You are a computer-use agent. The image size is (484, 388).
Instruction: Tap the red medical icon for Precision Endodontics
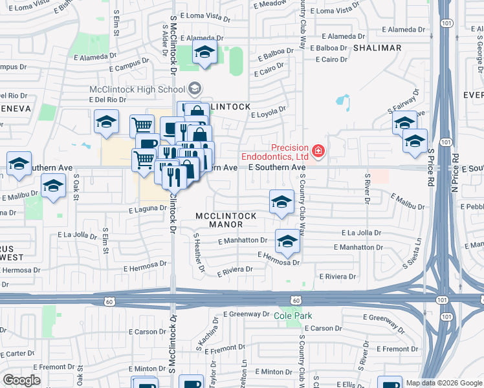pyautogui.click(x=318, y=152)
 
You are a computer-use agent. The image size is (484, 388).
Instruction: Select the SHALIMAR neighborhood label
pyautogui.click(x=377, y=48)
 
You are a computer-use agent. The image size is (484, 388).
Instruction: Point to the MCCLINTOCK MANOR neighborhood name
pyautogui.click(x=219, y=219)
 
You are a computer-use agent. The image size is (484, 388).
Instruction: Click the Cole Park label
pyautogui.click(x=289, y=316)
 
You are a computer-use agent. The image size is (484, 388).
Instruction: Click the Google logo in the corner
pyautogui.click(x=21, y=380)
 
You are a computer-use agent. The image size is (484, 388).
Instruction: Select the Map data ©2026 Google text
pyautogui.click(x=444, y=383)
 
